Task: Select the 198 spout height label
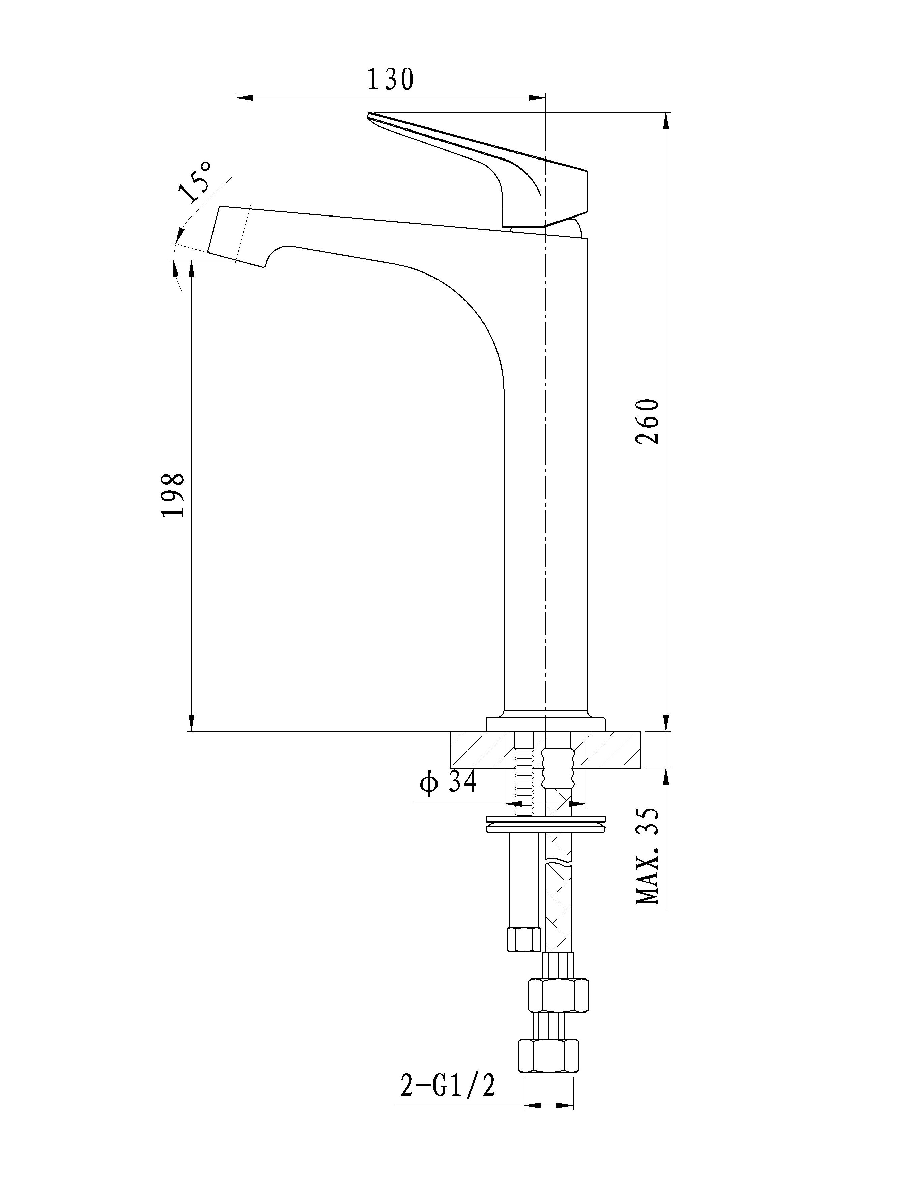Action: pos(173,495)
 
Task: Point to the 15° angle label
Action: pos(196,181)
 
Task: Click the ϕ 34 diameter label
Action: pos(448,783)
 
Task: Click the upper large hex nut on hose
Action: pos(559,994)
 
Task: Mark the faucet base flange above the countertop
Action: pos(545,724)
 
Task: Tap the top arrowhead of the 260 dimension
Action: pos(666,121)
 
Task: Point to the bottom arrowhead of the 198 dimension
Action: pos(191,723)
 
